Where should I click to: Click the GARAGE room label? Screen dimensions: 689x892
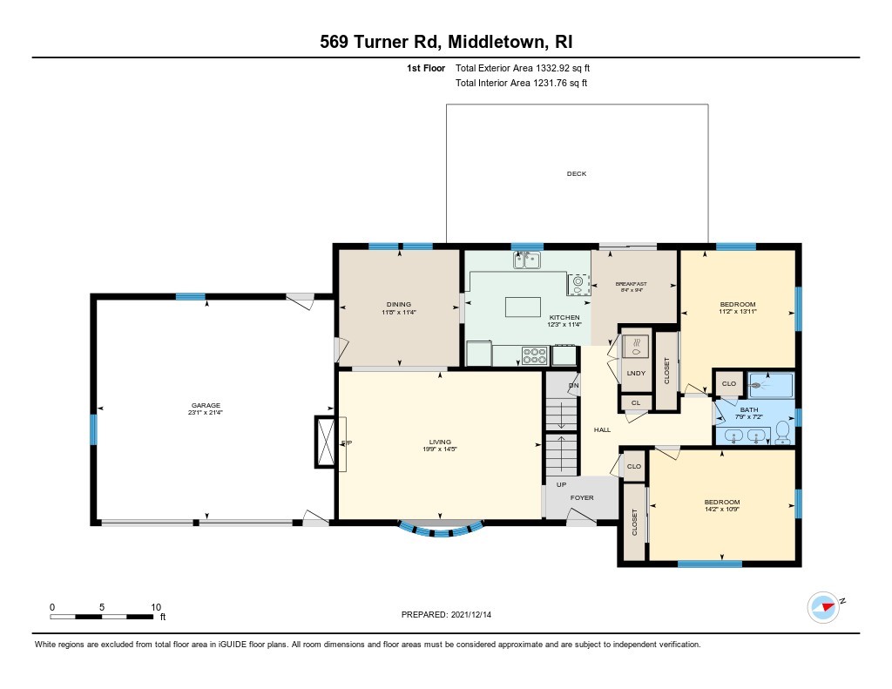[x=206, y=405]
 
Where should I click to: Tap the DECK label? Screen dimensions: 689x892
[x=577, y=174]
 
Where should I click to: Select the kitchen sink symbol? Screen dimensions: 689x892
[x=527, y=259]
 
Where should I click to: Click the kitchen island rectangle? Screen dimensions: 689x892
[x=520, y=307]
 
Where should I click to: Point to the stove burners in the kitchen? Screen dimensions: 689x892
[x=534, y=355]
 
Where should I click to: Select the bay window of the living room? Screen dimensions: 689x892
[x=439, y=528]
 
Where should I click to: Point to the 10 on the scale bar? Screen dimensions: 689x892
[x=156, y=607]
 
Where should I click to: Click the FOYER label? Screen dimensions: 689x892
[x=582, y=498]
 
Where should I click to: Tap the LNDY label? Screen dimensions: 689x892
[x=636, y=374]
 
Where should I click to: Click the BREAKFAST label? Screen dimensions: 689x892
[x=632, y=284]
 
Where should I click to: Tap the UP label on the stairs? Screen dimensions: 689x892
[x=561, y=484]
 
